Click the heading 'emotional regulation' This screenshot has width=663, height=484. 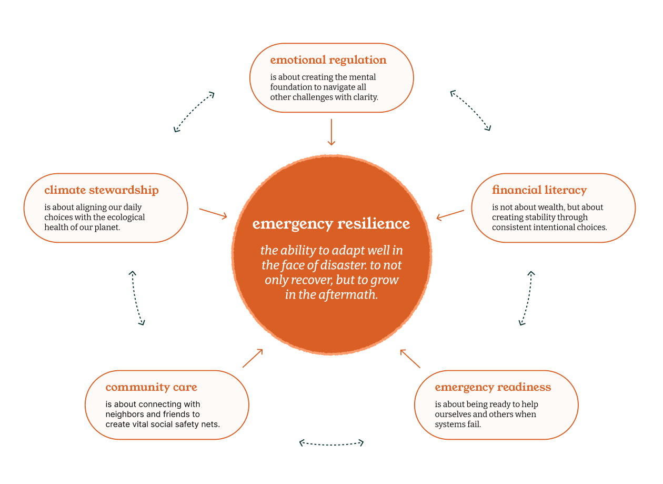pyautogui.click(x=328, y=60)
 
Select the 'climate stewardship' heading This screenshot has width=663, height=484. pyautogui.click(x=102, y=190)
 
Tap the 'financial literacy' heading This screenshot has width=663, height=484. pyautogui.click(x=539, y=190)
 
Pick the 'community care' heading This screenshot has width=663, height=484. pyautogui.click(x=151, y=387)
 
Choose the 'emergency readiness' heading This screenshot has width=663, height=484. pyautogui.click(x=493, y=387)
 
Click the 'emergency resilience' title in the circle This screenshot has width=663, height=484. pyautogui.click(x=331, y=224)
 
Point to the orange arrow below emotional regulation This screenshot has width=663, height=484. pyautogui.click(x=331, y=132)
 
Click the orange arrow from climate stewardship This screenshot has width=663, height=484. pyautogui.click(x=213, y=213)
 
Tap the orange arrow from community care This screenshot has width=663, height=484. pyautogui.click(x=253, y=358)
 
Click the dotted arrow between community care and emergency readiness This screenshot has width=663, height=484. pyautogui.click(x=331, y=443)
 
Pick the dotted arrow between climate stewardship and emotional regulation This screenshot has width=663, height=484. pyautogui.click(x=194, y=112)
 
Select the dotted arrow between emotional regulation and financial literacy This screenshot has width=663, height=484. pyautogui.click(x=470, y=111)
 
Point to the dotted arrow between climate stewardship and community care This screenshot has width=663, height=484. pyautogui.click(x=137, y=298)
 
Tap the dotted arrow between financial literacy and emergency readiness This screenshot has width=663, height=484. pyautogui.click(x=527, y=298)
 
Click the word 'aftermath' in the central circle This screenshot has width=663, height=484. pyautogui.click(x=348, y=295)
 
